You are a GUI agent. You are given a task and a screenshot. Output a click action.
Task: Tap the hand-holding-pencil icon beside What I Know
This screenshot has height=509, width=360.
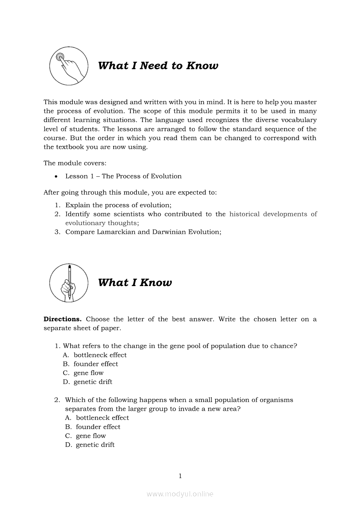(x=68, y=283)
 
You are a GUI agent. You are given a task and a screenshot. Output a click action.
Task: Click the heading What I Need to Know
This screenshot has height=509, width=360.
(x=158, y=66)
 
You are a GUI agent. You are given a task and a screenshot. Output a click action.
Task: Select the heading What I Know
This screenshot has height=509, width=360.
(x=135, y=283)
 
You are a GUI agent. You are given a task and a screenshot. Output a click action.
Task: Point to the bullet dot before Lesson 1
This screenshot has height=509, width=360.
(x=57, y=176)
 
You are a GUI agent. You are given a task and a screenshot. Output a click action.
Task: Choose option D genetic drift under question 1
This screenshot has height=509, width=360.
(x=92, y=382)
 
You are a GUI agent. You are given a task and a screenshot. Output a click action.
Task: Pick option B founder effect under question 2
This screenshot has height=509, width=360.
(x=98, y=427)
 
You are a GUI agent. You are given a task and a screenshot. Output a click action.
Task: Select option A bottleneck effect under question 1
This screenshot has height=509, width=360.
(x=100, y=355)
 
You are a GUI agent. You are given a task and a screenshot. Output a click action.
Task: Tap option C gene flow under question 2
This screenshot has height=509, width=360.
(x=91, y=436)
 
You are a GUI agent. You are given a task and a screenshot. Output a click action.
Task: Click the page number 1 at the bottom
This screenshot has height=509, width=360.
(x=180, y=476)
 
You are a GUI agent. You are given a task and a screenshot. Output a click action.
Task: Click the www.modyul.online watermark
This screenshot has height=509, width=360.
(x=180, y=494)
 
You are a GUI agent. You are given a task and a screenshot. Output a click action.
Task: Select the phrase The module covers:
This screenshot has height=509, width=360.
(x=71, y=163)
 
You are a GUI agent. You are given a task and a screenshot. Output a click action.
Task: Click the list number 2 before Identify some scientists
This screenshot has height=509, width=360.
(x=57, y=214)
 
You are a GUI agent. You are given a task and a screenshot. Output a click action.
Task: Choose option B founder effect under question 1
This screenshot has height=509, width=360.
(x=95, y=364)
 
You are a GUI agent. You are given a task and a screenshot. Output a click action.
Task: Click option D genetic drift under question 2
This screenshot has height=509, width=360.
(x=95, y=445)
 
